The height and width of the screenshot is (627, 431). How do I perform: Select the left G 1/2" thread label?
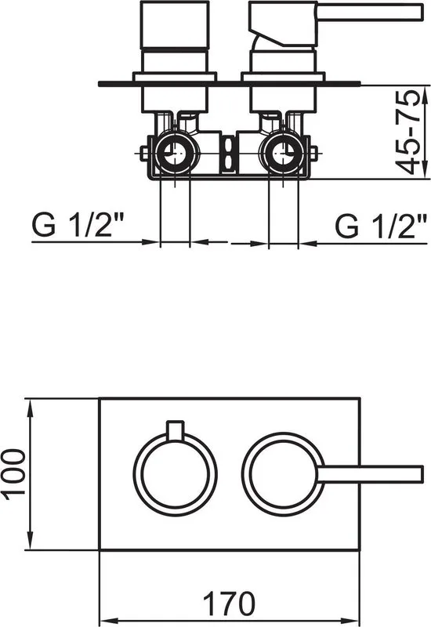coord(77,226)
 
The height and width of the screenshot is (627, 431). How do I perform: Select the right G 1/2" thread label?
coord(381,226)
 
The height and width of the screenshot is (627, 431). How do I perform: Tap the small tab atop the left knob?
coord(175,430)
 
